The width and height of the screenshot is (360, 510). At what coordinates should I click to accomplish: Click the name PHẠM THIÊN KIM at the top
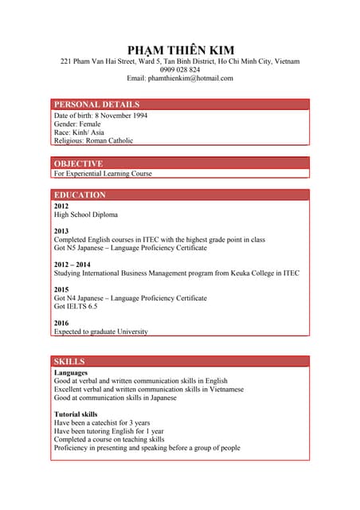[180, 49]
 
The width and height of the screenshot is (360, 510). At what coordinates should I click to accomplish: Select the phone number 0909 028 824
[180, 69]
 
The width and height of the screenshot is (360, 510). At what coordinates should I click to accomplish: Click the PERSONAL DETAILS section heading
[96, 104]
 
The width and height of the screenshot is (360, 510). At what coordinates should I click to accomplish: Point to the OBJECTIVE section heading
[78, 163]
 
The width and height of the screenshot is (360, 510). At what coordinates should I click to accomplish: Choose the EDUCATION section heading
[80, 194]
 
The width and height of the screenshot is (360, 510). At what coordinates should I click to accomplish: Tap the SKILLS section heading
[69, 361]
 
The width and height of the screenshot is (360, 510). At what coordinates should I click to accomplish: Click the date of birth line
[100, 116]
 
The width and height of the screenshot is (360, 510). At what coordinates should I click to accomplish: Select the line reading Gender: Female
[77, 124]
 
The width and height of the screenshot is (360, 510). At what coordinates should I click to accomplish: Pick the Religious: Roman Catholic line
[93, 141]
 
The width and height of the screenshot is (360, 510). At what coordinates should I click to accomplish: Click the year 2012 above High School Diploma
[61, 206]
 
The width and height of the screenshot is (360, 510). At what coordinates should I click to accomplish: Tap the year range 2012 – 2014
[72, 264]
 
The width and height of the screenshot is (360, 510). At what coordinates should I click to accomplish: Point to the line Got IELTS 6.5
[76, 306]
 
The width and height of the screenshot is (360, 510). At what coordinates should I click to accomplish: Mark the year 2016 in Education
[61, 323]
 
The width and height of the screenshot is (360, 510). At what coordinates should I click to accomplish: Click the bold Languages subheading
[71, 372]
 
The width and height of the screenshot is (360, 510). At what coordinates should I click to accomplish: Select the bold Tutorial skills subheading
[76, 414]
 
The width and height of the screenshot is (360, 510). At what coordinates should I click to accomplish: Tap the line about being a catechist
[102, 422]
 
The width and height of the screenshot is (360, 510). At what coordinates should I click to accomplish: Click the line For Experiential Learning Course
[103, 173]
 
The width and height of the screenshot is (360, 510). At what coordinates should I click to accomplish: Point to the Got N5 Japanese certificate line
[130, 248]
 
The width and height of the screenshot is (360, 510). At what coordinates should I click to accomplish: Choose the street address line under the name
[180, 61]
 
